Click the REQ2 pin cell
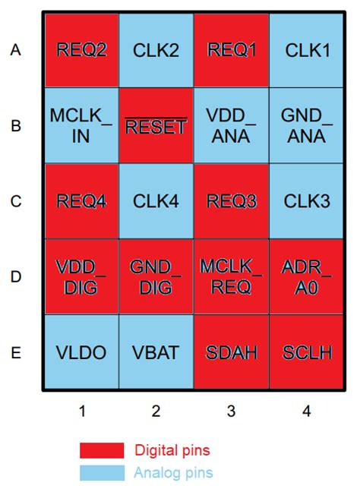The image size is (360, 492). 81,50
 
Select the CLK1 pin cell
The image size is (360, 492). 307,50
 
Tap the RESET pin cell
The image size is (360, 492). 156,125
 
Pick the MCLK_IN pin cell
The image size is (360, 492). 81,125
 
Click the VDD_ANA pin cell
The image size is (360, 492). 232,125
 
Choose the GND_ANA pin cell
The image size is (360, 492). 307,125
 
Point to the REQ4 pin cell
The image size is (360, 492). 81,201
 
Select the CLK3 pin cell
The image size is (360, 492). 307,201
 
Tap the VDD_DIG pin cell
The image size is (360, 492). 81,276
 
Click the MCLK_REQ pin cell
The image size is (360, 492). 232,276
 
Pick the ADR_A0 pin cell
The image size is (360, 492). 307,276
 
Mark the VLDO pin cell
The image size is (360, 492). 81,352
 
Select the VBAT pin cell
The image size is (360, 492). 156,352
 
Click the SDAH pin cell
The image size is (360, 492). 232,352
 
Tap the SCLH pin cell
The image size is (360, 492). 307,352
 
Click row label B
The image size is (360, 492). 16,126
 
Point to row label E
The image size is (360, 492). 16,352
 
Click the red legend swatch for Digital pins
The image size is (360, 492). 102,450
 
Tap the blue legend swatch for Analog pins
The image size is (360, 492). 102,472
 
